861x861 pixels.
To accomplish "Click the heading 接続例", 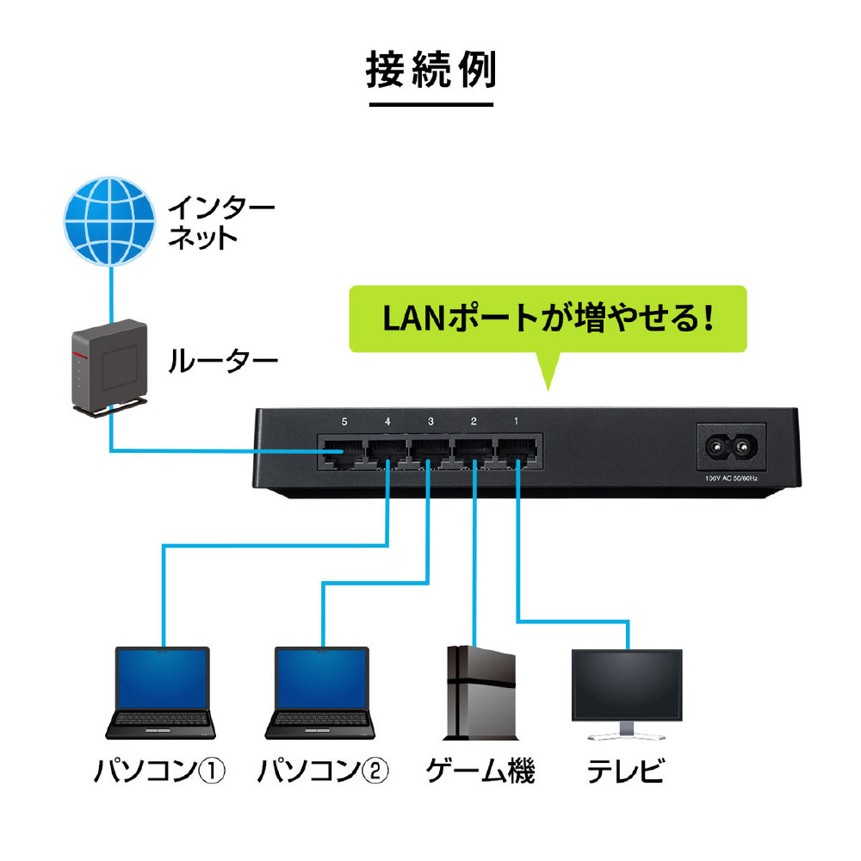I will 430,72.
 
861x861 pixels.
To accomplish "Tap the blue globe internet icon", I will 110,220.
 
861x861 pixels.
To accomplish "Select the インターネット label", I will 220,222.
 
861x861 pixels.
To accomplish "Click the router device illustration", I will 106,366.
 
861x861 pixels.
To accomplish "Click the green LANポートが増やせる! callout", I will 547,319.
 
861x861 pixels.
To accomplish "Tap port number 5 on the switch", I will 344,422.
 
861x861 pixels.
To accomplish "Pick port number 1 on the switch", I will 517,422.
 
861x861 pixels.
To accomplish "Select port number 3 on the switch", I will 430,422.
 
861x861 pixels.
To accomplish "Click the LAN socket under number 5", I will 342,455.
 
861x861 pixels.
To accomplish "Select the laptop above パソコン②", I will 322,693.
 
